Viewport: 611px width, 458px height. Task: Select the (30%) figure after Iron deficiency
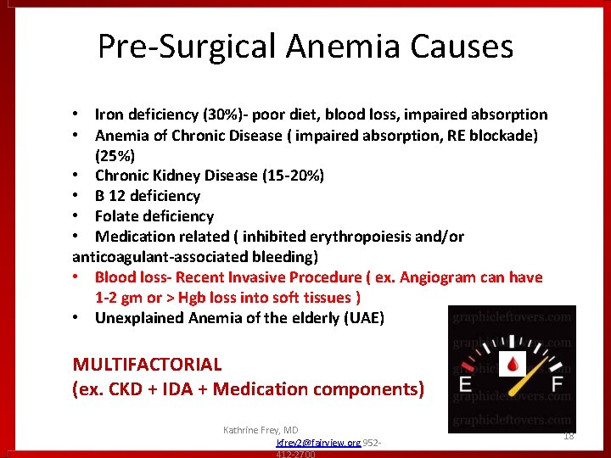coord(210,114)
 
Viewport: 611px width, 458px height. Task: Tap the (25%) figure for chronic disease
coord(115,155)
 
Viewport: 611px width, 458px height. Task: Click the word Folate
coord(120,216)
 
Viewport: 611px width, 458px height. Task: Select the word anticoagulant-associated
coord(153,257)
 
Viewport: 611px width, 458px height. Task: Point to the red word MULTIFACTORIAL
coord(148,365)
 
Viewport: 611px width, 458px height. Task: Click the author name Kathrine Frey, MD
coord(261,431)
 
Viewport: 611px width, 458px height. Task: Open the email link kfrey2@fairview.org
coord(318,443)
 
